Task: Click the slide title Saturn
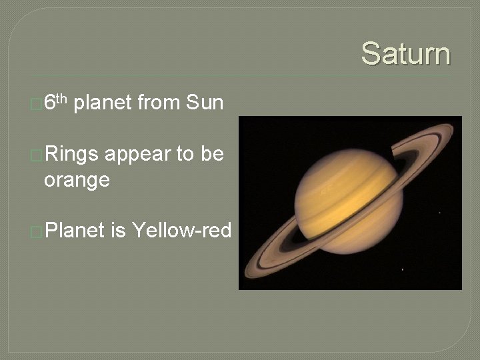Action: [x=405, y=53]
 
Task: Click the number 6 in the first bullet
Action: [x=49, y=103]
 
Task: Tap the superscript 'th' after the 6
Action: [x=61, y=99]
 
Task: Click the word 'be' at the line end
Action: [x=211, y=155]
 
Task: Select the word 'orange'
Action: [x=77, y=179]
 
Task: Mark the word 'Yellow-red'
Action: [x=181, y=231]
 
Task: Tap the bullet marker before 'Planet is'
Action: [x=37, y=231]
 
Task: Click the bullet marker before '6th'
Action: [x=37, y=104]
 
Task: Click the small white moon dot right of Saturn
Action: [x=439, y=213]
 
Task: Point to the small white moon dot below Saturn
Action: [x=401, y=269]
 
